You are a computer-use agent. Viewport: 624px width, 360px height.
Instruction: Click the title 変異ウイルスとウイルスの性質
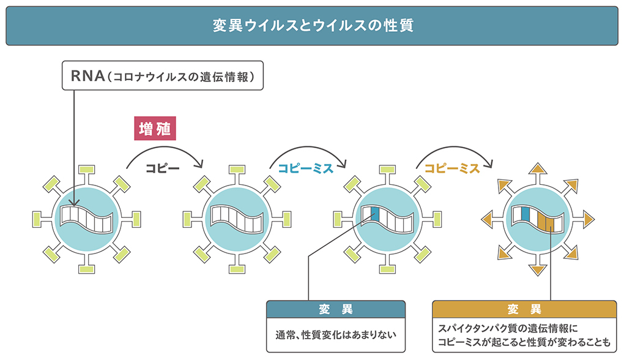(x=312, y=26)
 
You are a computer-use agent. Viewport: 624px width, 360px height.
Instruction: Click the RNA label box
(x=163, y=76)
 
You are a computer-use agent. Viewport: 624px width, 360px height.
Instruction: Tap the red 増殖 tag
(x=155, y=129)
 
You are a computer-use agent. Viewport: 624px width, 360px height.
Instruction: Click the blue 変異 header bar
(x=336, y=309)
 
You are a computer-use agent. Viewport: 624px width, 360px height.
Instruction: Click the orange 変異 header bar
(x=524, y=309)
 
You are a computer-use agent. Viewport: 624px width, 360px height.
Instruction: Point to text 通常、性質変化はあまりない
(x=336, y=335)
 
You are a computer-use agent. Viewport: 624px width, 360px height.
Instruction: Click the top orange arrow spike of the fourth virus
(x=537, y=170)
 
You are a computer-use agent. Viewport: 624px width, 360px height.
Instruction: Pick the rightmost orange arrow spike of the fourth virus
(x=589, y=218)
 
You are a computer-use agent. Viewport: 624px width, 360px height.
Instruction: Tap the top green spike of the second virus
(x=237, y=169)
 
